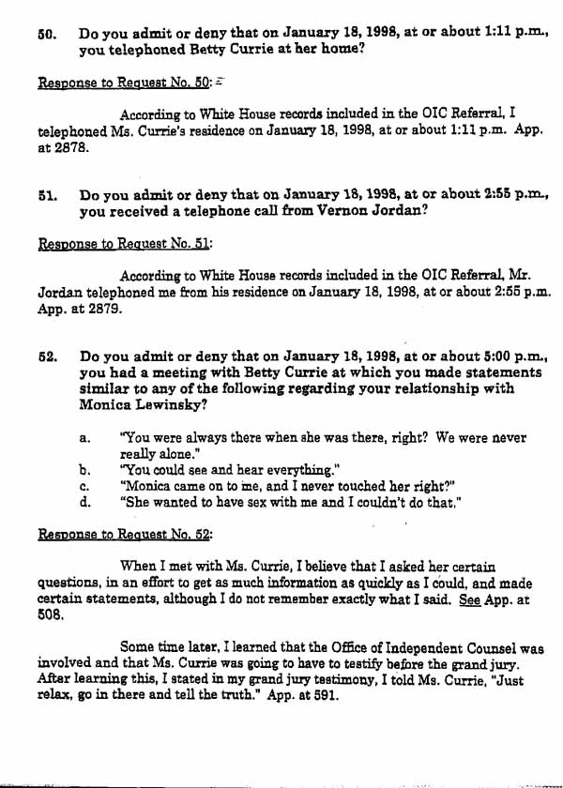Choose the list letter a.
point(85,438)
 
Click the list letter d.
point(85,502)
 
